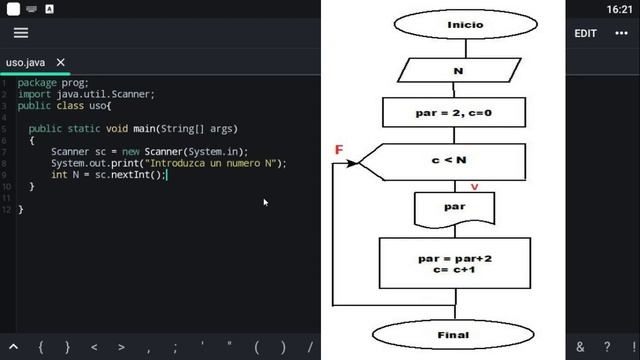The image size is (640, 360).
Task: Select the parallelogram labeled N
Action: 457,71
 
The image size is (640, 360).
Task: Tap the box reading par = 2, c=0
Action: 453,113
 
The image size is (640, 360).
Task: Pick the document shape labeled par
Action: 453,209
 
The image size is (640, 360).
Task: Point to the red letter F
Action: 339,150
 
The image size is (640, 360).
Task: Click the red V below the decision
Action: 474,187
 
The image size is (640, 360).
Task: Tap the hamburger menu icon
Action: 21,33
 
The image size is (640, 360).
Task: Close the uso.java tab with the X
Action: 61,62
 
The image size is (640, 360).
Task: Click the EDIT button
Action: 585,33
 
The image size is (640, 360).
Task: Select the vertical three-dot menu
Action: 623,33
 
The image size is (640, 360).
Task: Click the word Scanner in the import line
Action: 133,95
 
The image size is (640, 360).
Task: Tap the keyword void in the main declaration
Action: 116,129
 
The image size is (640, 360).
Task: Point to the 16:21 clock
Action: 620,8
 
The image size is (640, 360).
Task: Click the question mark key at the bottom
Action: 606,347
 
